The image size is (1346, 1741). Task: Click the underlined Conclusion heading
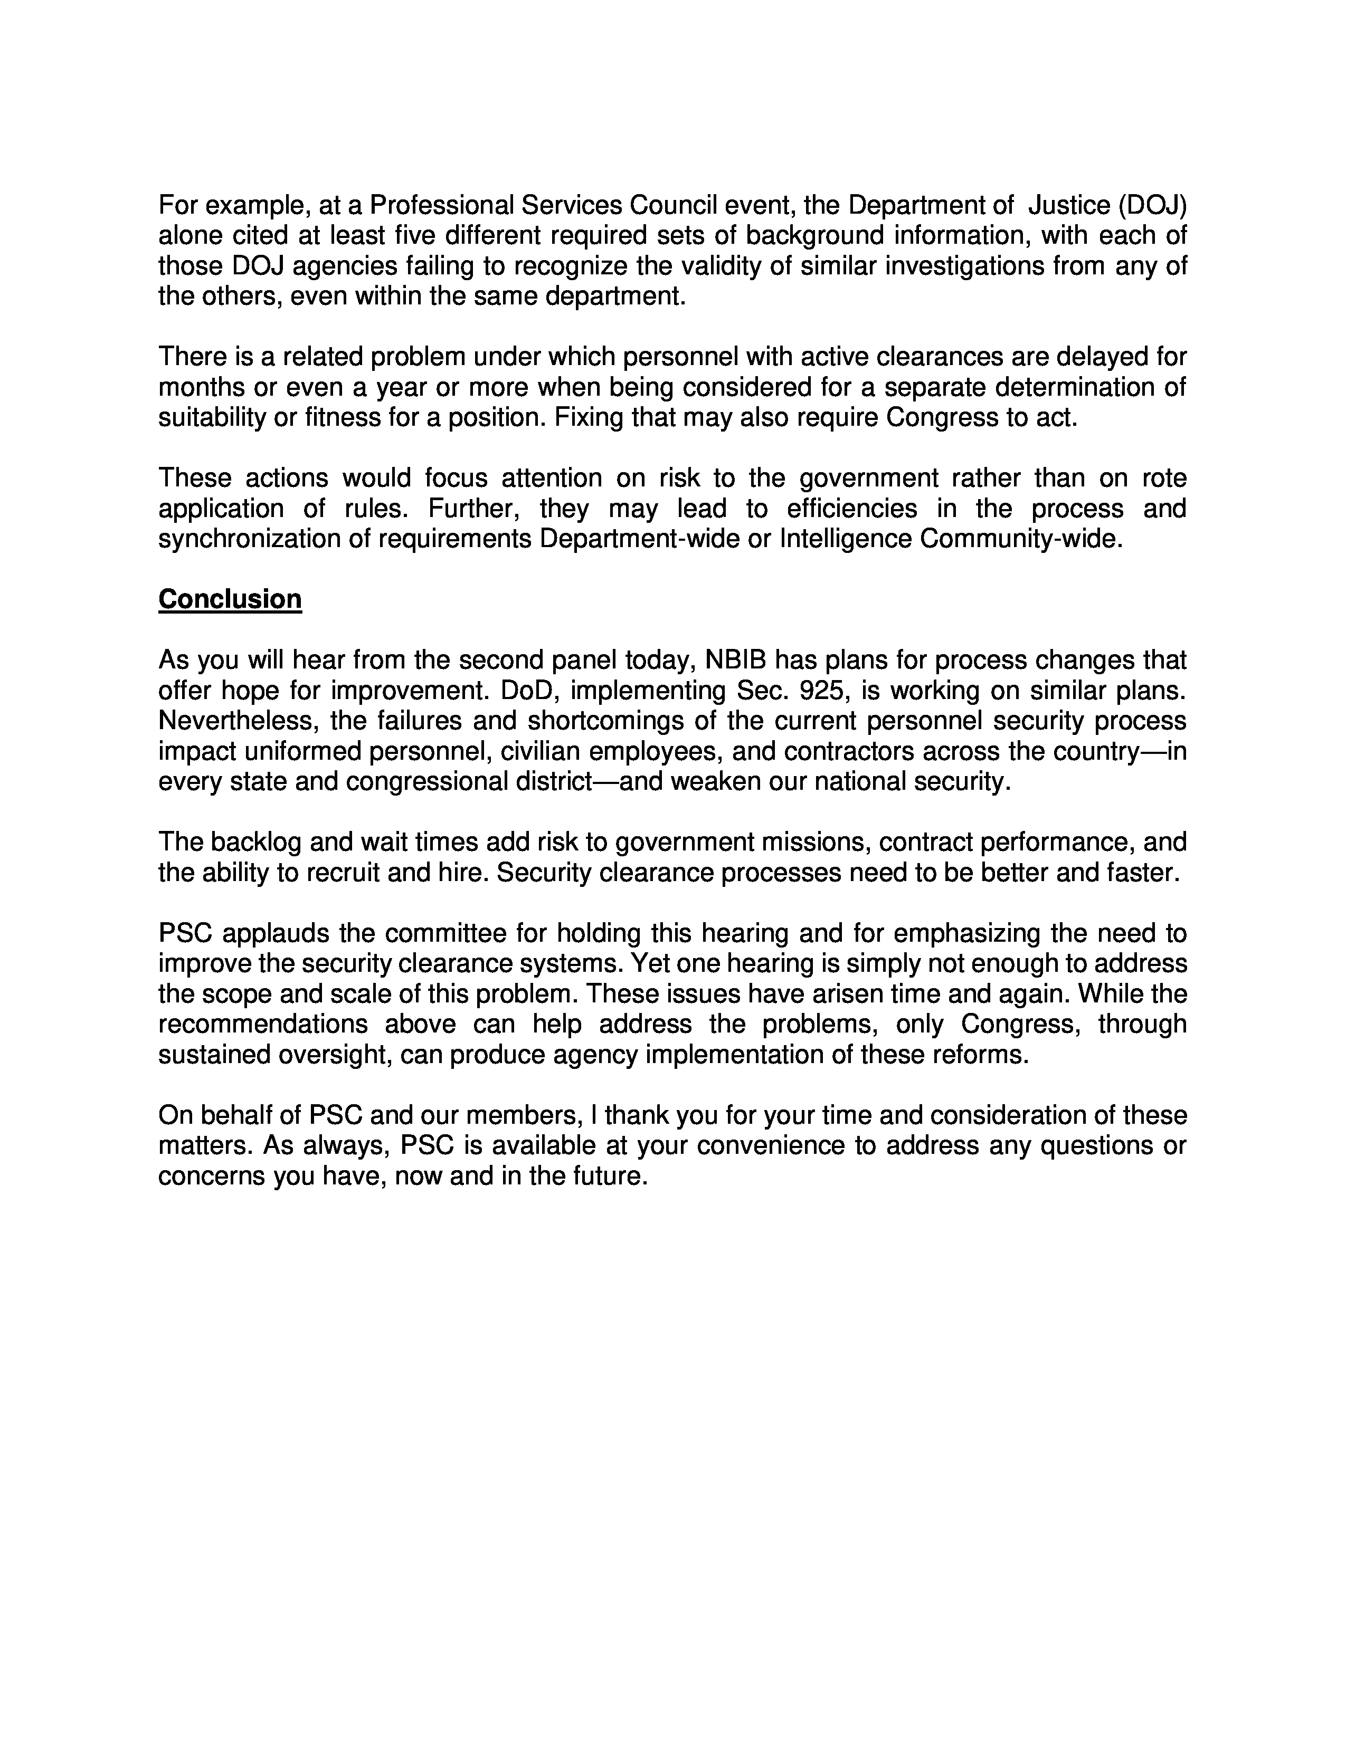click(x=230, y=599)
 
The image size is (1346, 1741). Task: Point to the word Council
click(x=673, y=206)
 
